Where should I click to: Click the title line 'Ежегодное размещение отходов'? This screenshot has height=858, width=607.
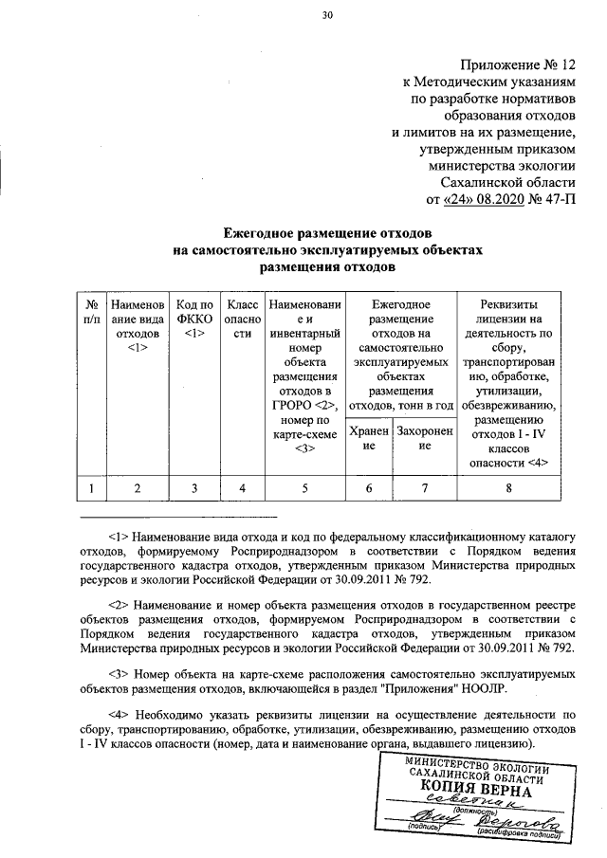point(328,232)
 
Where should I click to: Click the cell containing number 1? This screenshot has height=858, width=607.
point(92,488)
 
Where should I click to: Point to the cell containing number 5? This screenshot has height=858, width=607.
point(305,488)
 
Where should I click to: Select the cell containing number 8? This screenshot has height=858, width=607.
point(509,488)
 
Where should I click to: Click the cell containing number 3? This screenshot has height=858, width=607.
point(194,488)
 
